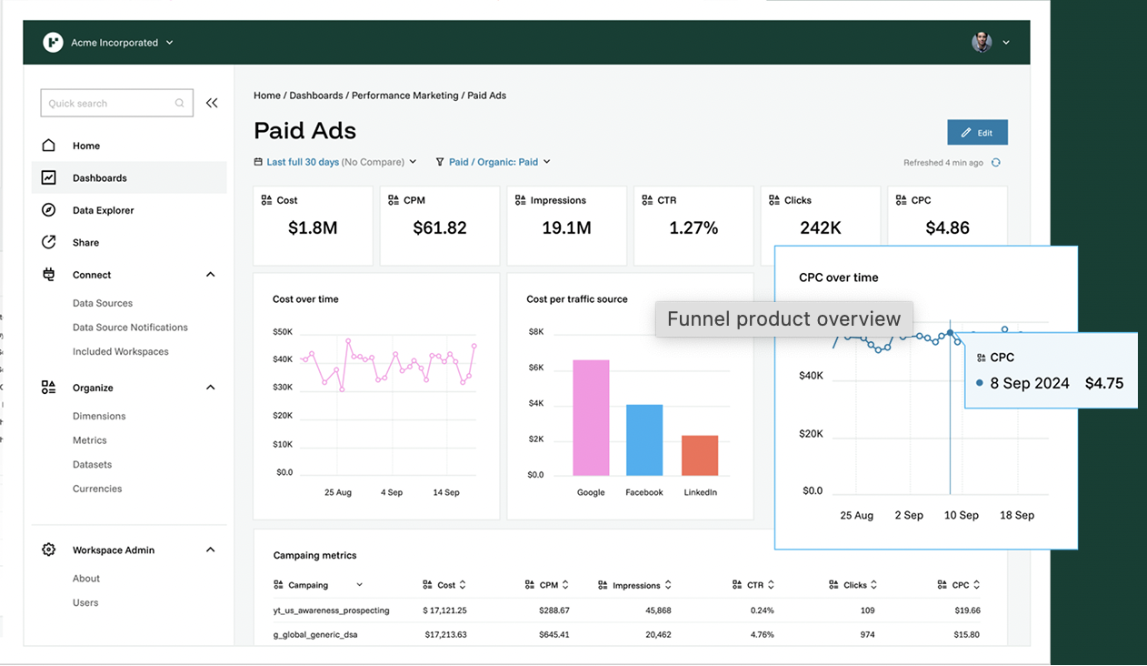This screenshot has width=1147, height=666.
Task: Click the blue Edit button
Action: (977, 133)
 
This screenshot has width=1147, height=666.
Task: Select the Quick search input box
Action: (109, 104)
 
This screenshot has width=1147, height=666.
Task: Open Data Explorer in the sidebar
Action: (103, 210)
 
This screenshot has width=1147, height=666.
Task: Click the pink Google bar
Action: (591, 418)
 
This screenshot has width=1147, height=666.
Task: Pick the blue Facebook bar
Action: (644, 440)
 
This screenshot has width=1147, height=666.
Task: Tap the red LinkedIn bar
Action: (700, 455)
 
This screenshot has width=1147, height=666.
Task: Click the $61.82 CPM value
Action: (440, 228)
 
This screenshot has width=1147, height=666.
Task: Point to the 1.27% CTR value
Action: (693, 228)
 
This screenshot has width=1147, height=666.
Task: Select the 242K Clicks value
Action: (821, 228)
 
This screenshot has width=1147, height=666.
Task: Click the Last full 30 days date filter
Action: (303, 162)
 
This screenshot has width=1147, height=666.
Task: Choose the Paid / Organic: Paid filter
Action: (494, 162)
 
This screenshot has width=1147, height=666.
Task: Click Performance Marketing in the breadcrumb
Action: (404, 96)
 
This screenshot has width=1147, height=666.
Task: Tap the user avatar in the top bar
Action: (982, 42)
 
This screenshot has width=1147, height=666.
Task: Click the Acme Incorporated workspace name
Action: (115, 43)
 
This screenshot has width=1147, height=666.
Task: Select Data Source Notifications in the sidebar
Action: (130, 328)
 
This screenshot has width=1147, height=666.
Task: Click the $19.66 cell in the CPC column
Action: (962, 610)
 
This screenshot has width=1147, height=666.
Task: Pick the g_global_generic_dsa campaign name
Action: (315, 634)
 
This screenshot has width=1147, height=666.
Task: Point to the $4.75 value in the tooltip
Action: (1104, 383)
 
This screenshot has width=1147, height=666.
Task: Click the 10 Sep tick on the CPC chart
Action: (962, 515)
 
